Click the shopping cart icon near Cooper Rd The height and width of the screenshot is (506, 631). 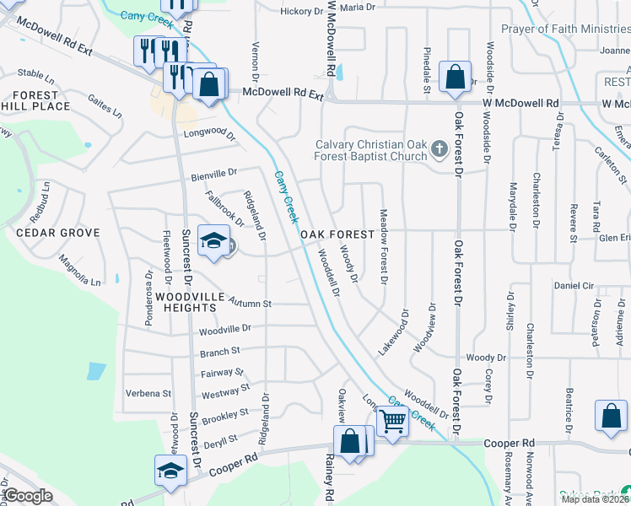(392, 419)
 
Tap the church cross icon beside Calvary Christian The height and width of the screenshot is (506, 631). (439, 150)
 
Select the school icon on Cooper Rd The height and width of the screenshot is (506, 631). (170, 471)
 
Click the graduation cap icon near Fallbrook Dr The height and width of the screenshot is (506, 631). (214, 240)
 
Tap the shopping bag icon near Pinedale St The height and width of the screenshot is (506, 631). (455, 78)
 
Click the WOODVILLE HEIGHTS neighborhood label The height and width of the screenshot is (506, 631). (190, 303)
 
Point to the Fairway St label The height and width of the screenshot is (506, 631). (222, 372)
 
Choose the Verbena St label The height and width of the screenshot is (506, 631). (148, 393)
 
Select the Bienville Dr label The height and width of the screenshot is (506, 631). (214, 174)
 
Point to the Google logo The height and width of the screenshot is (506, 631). (29, 496)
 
